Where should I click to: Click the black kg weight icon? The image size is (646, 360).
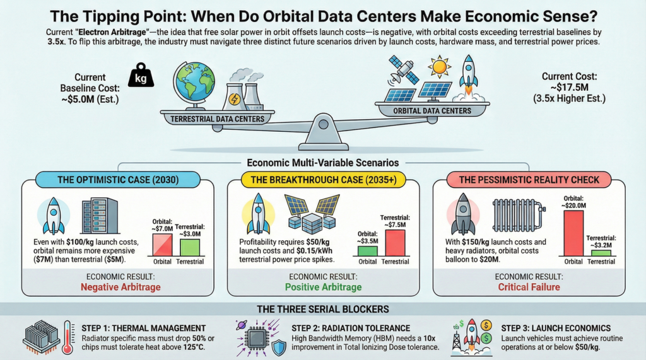141,75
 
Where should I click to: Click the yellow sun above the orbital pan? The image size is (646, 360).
439,66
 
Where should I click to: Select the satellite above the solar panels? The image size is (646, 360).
404,69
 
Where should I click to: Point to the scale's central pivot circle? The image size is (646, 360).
324,124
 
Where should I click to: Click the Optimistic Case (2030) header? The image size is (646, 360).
118,180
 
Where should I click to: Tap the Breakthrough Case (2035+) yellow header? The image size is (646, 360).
324,180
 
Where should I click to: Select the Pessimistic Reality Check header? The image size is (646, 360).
529,180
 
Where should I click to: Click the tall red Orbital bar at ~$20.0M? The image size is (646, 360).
573,233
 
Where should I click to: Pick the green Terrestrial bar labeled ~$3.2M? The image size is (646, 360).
601,253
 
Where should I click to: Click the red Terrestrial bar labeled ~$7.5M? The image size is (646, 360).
395,243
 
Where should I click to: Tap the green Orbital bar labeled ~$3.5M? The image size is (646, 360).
368,252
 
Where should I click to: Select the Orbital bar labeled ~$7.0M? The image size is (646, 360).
162,245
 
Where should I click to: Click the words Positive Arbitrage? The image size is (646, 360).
324,287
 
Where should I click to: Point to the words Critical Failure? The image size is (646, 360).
529,287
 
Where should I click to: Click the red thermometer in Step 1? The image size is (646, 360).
68,338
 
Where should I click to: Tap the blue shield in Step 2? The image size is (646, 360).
279,348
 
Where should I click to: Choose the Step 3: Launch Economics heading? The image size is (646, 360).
556,328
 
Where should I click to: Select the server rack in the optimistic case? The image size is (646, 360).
100,216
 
